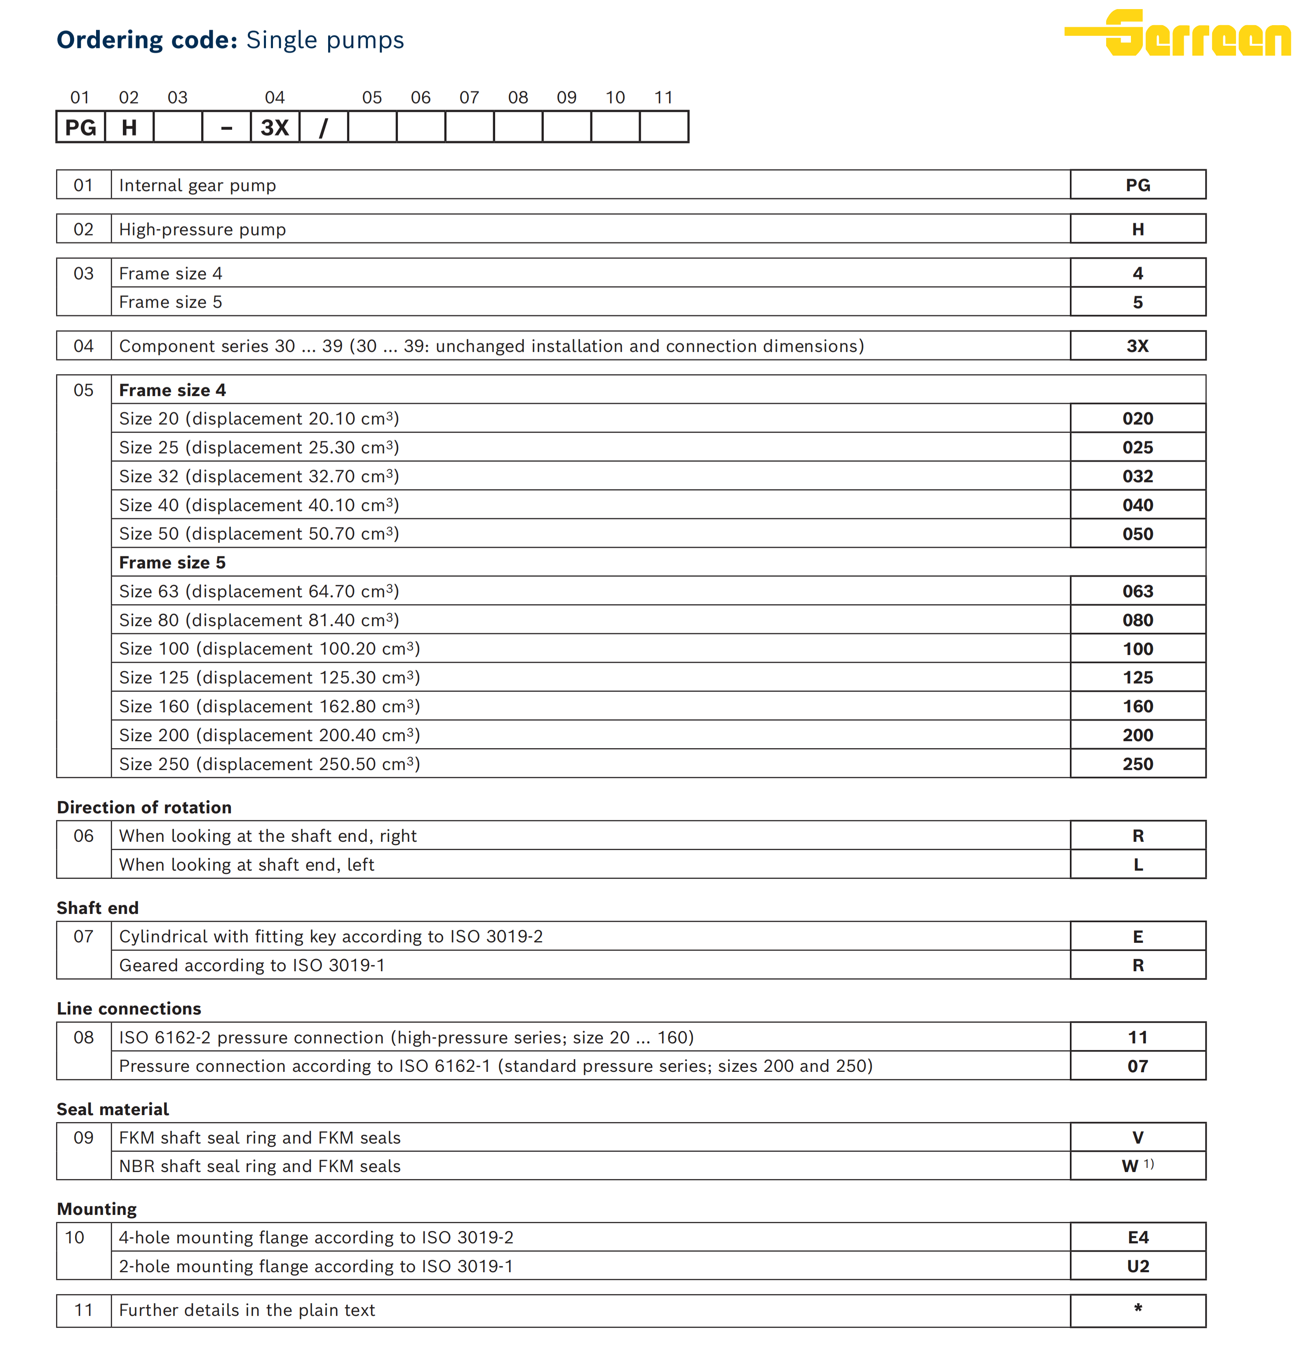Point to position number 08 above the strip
point(518,97)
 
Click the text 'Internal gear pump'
point(197,186)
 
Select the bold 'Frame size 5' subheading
point(172,563)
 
